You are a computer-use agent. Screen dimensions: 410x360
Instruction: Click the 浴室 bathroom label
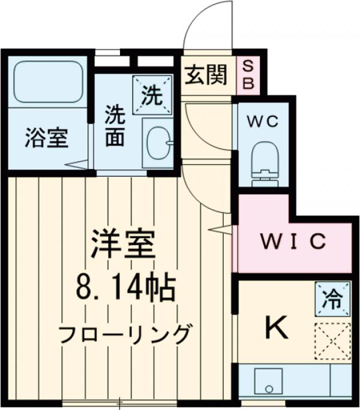tap(47, 139)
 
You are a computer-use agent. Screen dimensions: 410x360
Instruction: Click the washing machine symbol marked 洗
tap(152, 95)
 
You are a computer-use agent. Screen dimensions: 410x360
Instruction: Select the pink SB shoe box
tap(247, 75)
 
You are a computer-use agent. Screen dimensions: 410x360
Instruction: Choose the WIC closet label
tap(293, 243)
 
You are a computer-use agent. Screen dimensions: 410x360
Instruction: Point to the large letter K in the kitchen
tap(277, 327)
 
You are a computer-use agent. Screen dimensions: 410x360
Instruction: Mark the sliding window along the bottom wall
tap(120, 402)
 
